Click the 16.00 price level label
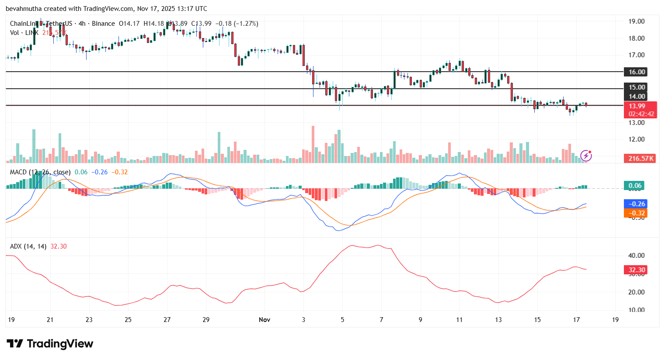tap(637, 72)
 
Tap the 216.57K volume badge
tap(641, 159)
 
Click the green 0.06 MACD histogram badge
tap(635, 186)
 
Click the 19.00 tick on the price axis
tap(636, 21)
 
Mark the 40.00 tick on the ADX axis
tap(636, 256)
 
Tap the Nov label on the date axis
tap(265, 320)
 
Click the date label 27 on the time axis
tap(167, 320)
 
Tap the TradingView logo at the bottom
tap(50, 344)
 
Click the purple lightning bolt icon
tap(586, 156)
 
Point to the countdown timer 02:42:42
tap(641, 114)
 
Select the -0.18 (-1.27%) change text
tap(236, 24)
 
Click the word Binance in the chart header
tap(104, 24)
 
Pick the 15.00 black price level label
tap(637, 87)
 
